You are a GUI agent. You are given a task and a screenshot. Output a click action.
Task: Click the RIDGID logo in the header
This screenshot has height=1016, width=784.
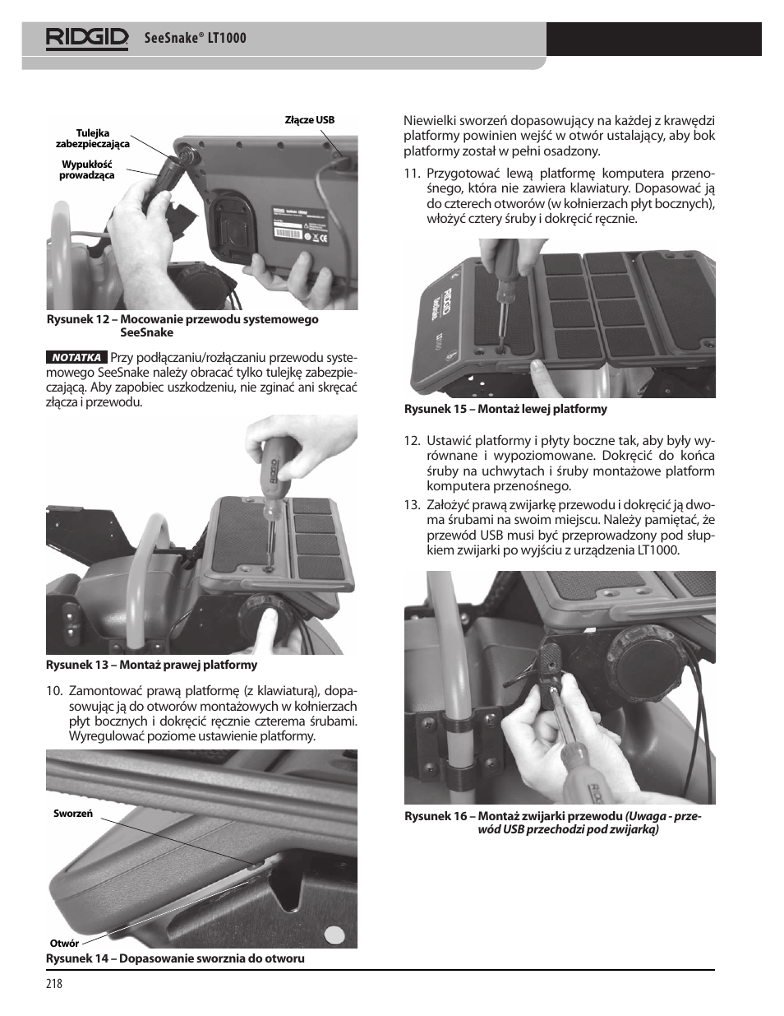pyautogui.click(x=87, y=38)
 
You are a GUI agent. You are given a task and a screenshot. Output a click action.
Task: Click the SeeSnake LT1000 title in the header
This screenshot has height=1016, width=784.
pyautogui.click(x=195, y=38)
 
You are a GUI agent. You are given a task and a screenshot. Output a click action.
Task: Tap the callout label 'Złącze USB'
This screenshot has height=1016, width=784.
pyautogui.click(x=309, y=120)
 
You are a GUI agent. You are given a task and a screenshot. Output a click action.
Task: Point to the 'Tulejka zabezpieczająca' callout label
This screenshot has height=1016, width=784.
pyautogui.click(x=93, y=138)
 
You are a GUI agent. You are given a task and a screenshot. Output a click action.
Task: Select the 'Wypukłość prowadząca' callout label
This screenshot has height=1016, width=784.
pyautogui.click(x=87, y=169)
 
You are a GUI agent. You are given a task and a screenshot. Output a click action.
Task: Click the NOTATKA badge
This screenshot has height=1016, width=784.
pyautogui.click(x=76, y=358)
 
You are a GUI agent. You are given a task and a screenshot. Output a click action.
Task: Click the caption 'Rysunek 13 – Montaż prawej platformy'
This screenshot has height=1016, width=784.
pyautogui.click(x=151, y=665)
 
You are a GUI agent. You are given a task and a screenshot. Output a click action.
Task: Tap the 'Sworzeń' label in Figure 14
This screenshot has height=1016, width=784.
pyautogui.click(x=73, y=814)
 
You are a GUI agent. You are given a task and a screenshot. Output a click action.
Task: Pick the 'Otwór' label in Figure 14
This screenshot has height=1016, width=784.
pyautogui.click(x=64, y=944)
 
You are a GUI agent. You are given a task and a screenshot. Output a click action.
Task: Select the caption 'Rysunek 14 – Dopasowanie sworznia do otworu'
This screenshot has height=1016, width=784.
pyautogui.click(x=175, y=958)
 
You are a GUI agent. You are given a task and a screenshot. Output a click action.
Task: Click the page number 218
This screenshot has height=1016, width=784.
pyautogui.click(x=54, y=984)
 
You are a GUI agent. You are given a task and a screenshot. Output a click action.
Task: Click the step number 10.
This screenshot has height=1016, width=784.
pyautogui.click(x=54, y=690)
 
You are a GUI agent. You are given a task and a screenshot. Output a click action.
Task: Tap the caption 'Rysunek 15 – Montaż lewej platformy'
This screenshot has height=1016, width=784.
pyautogui.click(x=505, y=409)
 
